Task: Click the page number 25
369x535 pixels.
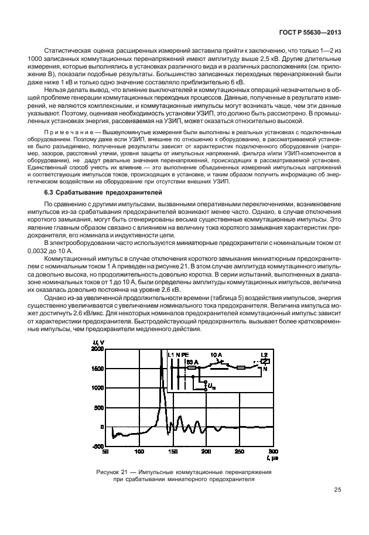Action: (x=338, y=490)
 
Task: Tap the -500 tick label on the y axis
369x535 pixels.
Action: (x=96, y=447)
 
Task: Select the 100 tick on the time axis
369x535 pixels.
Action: (x=139, y=452)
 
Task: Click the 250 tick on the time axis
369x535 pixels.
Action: (x=239, y=452)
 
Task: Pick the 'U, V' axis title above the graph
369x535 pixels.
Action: (x=98, y=342)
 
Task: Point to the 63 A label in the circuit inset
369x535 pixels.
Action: (x=193, y=362)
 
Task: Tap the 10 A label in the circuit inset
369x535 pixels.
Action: (x=216, y=355)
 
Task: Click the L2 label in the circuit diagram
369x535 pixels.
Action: (x=264, y=356)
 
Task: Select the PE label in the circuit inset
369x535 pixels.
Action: (x=184, y=355)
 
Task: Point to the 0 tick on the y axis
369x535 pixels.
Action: (x=101, y=427)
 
